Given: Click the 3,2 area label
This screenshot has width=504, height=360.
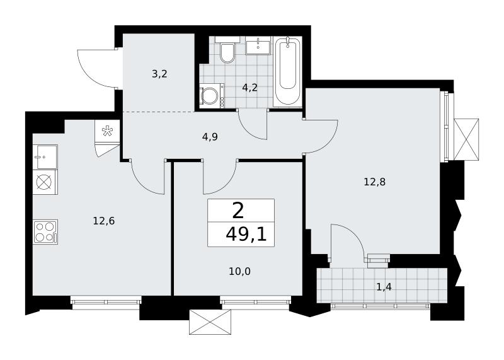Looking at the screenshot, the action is [x=160, y=74].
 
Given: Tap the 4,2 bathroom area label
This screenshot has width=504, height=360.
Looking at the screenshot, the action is [x=249, y=88].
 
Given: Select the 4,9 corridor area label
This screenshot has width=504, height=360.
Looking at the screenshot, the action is [x=210, y=137].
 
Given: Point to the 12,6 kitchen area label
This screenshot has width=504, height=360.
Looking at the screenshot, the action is [x=104, y=221].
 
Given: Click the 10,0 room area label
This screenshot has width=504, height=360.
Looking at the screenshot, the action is [x=240, y=272].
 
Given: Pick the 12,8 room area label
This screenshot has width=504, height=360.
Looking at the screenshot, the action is [x=374, y=182].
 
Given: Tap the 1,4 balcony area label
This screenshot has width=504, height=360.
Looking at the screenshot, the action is [x=384, y=287].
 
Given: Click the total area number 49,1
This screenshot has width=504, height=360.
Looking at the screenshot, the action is [x=246, y=235].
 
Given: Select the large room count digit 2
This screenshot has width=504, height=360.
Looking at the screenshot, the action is [x=238, y=211].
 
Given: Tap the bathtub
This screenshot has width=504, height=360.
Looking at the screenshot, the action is [x=287, y=71].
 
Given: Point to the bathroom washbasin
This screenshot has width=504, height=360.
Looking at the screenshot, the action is [x=258, y=46].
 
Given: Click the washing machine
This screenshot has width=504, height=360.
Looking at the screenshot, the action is [x=212, y=96].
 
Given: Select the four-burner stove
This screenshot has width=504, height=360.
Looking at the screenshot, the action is [x=45, y=232].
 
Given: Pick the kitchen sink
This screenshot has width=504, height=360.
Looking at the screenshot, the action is [x=45, y=157].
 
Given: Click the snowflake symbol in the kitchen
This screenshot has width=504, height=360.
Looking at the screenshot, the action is [x=106, y=131].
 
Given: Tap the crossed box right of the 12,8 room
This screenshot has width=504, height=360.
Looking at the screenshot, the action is [x=466, y=139].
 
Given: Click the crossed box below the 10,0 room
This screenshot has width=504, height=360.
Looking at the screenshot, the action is [x=210, y=322].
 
